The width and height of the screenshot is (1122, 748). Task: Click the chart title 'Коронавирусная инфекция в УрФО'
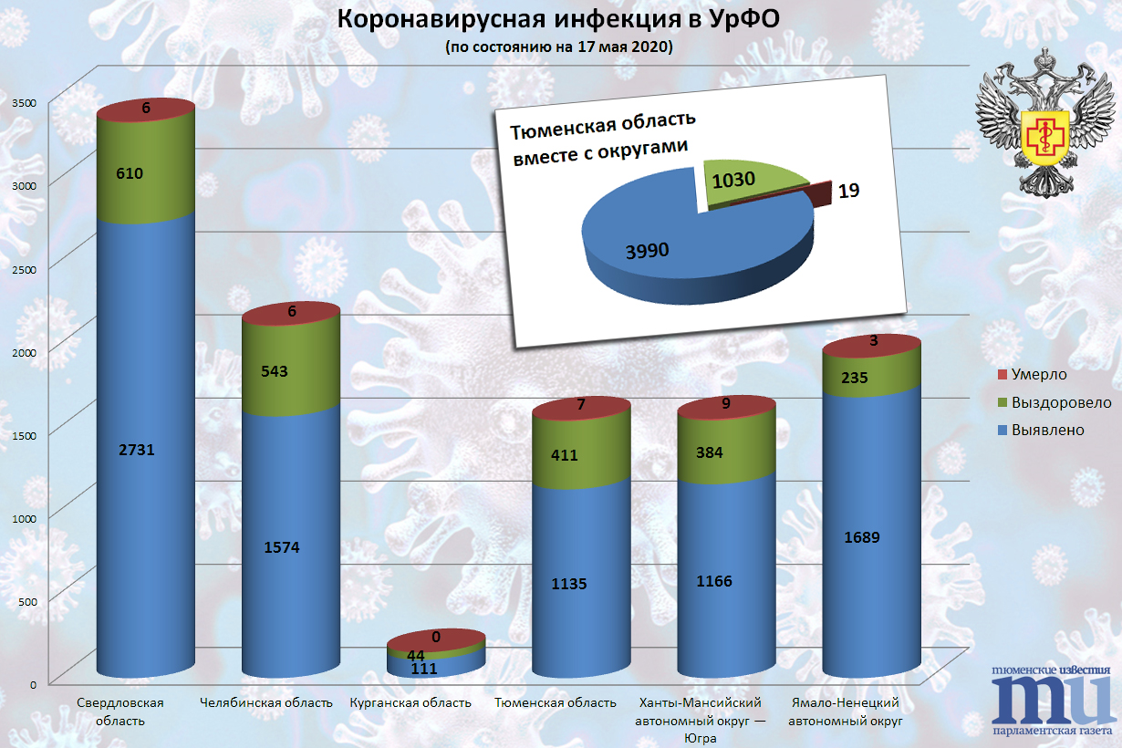559,20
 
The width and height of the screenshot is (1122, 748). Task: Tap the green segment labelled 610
146,173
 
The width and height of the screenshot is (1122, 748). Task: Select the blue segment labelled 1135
581,584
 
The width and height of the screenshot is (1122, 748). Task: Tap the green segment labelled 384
727,452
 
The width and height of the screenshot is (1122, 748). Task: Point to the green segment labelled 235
872,378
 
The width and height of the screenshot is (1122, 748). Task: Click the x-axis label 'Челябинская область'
265,703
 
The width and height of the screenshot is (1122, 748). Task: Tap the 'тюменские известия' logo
1051,699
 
